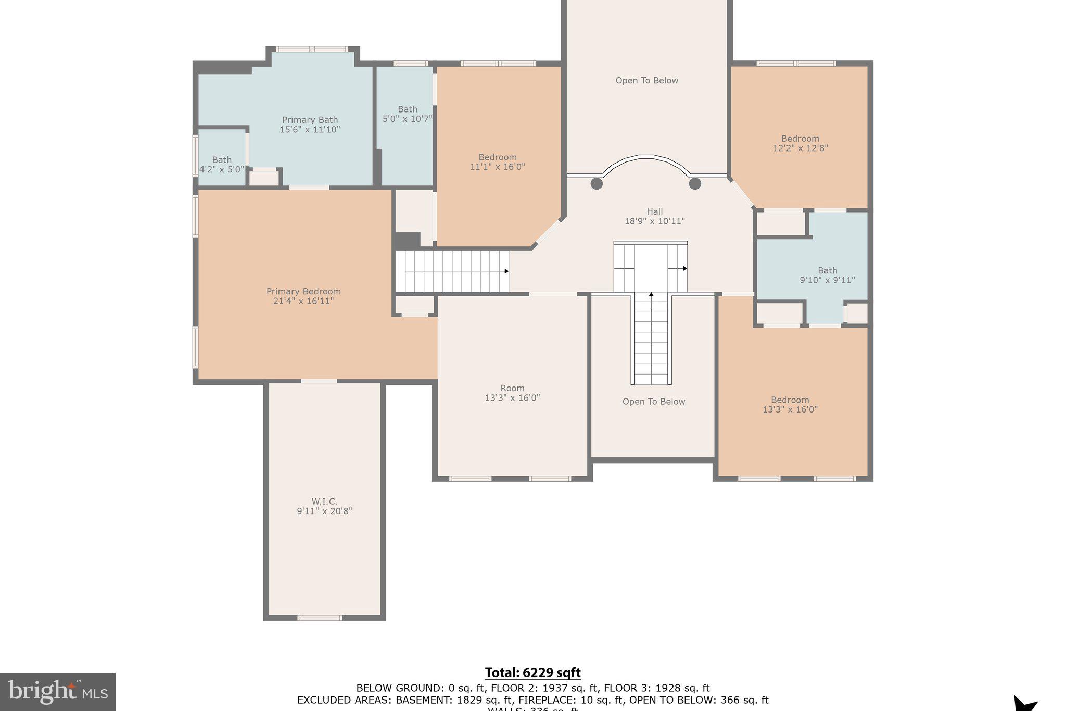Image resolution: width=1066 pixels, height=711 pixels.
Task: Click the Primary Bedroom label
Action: point(303,292)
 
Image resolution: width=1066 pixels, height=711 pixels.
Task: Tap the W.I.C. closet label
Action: point(324,502)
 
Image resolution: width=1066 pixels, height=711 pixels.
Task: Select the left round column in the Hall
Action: point(597,183)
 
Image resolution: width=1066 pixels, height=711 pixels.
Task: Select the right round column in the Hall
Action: point(695,183)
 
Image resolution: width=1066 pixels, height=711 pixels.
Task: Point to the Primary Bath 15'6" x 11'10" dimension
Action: point(310,130)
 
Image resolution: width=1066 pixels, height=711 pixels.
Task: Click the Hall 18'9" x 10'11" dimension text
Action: point(654,221)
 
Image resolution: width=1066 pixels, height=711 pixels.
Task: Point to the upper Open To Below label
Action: point(646,81)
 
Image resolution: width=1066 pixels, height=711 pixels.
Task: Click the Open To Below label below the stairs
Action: point(653,402)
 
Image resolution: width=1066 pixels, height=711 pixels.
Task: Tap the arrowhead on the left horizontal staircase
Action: point(506,271)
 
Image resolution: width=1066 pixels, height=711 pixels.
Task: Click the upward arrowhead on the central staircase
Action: point(651,295)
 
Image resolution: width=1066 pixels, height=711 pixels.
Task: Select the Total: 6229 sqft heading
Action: point(532,672)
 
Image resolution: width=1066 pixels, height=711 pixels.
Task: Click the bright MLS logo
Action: point(58,692)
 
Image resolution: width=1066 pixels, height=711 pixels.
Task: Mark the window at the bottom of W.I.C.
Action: point(320,618)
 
